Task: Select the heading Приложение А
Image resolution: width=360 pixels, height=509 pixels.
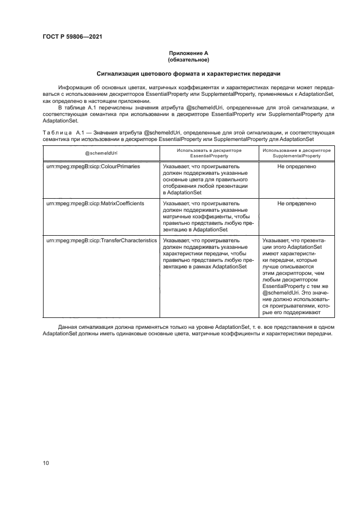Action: click(188, 53)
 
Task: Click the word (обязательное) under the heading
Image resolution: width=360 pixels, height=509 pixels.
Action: click(188, 59)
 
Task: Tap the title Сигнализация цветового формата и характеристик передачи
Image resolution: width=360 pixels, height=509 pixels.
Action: click(188, 73)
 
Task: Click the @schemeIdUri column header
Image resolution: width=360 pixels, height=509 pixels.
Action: click(101, 153)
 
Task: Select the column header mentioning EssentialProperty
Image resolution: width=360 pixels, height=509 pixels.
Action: click(209, 153)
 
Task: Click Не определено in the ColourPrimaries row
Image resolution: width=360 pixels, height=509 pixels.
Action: click(296, 166)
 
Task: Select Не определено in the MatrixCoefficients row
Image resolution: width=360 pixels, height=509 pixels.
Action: click(296, 203)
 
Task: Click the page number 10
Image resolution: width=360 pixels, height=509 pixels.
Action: click(46, 463)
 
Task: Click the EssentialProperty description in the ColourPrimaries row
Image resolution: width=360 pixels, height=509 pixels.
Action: click(207, 179)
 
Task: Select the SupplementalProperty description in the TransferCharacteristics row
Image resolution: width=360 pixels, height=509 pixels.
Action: click(296, 276)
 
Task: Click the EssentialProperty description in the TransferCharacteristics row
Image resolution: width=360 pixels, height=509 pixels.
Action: click(207, 253)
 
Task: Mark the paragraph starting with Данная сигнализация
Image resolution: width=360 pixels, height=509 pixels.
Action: click(188, 329)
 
